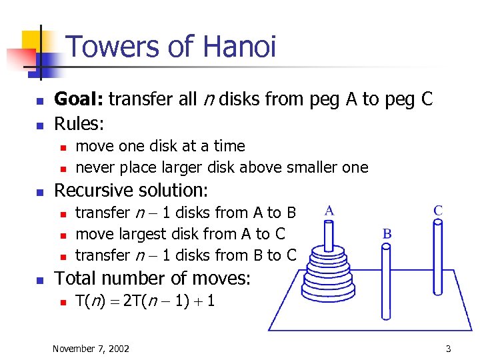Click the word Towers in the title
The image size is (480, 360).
(111, 47)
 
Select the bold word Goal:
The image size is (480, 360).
(79, 100)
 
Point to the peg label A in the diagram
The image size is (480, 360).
(329, 210)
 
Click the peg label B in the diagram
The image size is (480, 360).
(387, 234)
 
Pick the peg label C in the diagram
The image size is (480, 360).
(438, 210)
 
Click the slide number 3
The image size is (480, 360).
(449, 349)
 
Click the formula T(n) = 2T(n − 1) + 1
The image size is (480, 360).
(145, 301)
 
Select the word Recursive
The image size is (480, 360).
(93, 191)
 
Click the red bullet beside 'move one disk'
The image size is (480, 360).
(62, 147)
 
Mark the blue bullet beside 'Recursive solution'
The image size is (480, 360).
(39, 192)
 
